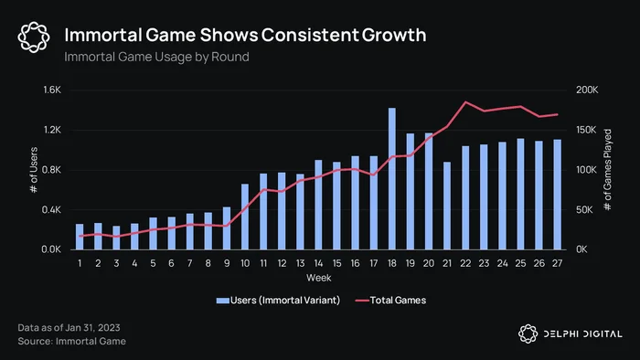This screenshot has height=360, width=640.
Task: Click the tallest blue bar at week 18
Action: tap(392, 178)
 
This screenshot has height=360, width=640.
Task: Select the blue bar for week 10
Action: tap(245, 217)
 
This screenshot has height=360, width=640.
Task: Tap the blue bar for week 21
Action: tap(447, 206)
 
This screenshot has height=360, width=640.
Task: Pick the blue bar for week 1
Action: tap(80, 237)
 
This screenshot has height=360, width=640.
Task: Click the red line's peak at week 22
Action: tap(465, 102)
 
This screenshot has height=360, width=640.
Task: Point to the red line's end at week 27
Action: tap(557, 114)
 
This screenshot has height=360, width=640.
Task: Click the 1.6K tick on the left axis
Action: tap(52, 90)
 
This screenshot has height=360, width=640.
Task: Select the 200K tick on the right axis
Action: tap(587, 90)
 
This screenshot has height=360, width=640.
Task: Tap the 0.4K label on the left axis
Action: tap(51, 209)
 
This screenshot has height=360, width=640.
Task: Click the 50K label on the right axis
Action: tap(584, 209)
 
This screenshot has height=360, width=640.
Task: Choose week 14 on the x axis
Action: tap(318, 263)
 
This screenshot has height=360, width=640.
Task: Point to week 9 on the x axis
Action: tap(227, 263)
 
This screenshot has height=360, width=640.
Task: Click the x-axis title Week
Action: tap(319, 278)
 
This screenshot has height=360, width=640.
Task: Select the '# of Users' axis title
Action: tap(34, 170)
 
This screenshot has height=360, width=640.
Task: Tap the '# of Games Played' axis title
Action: tap(607, 170)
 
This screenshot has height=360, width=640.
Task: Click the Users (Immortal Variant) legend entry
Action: tap(278, 301)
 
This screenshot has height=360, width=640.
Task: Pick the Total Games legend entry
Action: tap(390, 301)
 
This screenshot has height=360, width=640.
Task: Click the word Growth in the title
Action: tap(394, 35)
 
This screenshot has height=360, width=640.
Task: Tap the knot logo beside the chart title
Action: tap(34, 37)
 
